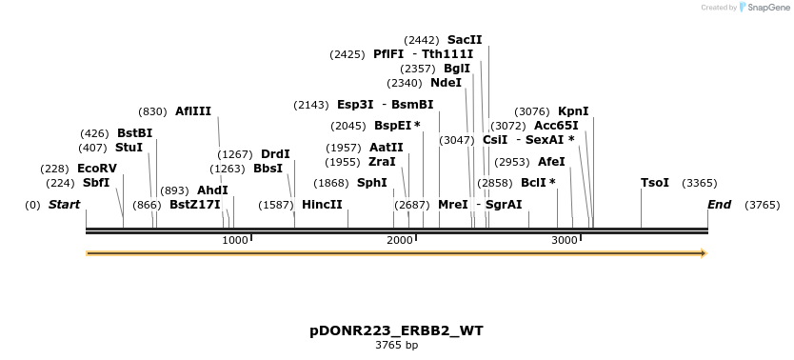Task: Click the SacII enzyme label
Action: point(465,40)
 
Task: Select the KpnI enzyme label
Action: point(573,111)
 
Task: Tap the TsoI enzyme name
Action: point(655,183)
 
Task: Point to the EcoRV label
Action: point(97,169)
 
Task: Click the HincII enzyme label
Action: point(322,205)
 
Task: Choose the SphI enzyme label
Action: point(371,183)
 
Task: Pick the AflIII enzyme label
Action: point(193,111)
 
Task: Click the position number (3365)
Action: point(700,183)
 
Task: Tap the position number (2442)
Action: point(422,40)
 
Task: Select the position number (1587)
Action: point(276,205)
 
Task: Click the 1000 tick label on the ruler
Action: point(235,240)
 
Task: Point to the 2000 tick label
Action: point(400,240)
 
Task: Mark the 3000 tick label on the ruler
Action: point(565,240)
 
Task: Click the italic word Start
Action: point(64,205)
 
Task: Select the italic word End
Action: point(719,205)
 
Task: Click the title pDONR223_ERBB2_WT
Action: point(396,330)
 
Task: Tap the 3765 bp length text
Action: point(396,345)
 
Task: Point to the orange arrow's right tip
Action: point(705,253)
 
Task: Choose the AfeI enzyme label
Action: point(551,162)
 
